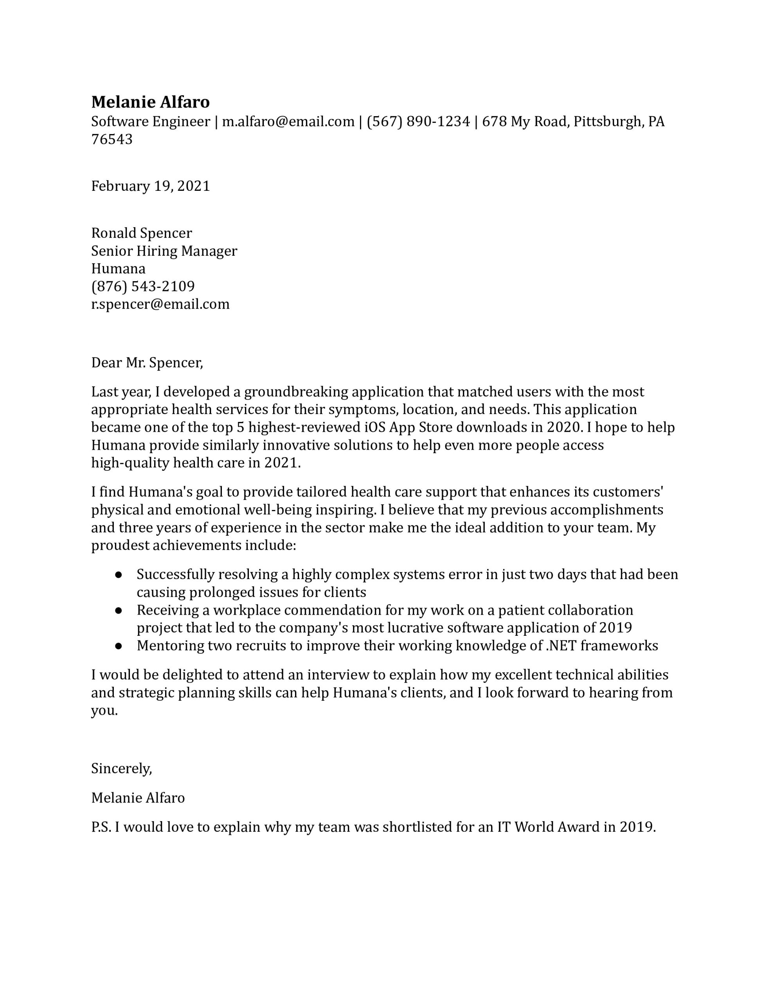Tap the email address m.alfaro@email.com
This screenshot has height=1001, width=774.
288,122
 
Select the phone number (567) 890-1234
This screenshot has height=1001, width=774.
418,122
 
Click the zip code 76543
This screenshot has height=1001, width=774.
112,139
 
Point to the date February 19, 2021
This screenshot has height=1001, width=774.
151,186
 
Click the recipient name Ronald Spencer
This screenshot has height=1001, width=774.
141,233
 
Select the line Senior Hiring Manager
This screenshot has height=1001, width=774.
164,251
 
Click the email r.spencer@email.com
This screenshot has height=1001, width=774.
160,304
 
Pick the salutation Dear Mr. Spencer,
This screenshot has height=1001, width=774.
147,362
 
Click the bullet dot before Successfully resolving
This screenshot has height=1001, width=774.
119,575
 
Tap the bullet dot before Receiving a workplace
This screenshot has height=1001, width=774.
119,610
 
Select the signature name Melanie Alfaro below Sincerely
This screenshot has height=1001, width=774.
138,798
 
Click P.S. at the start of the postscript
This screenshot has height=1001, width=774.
101,827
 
